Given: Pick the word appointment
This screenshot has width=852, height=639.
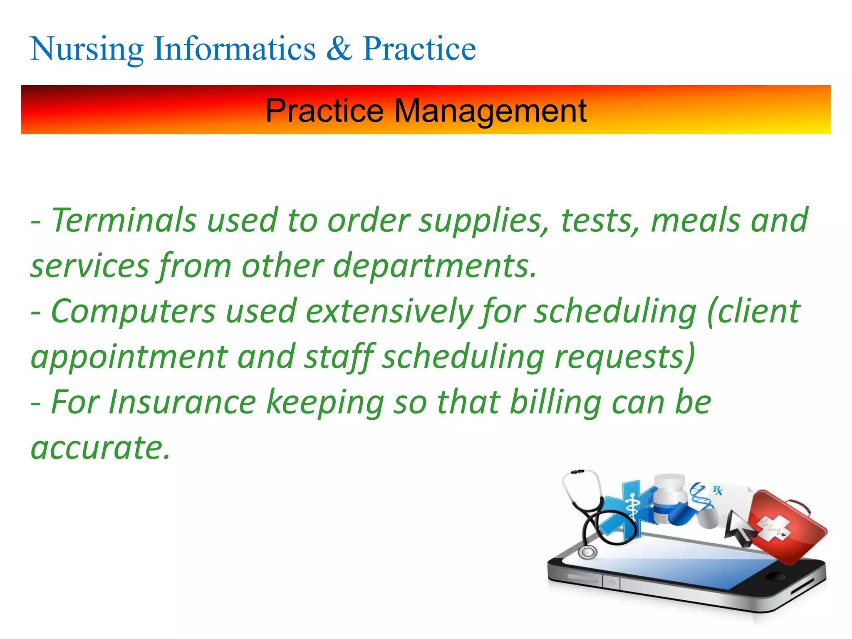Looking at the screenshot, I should (129, 357).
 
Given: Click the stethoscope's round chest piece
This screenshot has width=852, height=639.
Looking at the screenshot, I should (587, 552).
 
